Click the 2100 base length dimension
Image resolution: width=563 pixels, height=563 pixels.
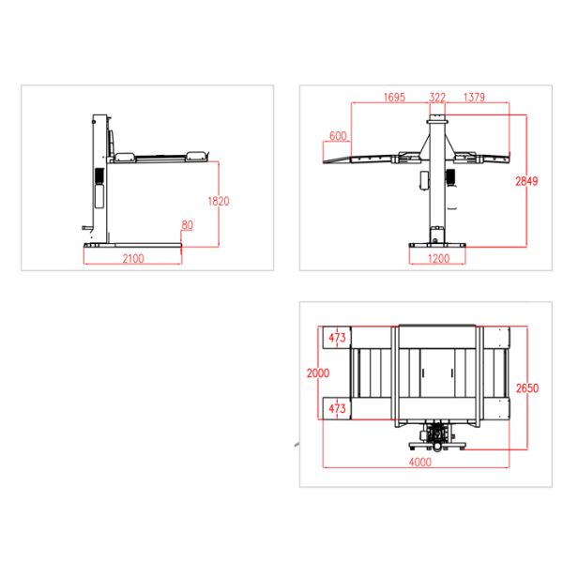pos(133,260)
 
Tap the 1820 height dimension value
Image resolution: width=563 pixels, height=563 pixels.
pos(219,201)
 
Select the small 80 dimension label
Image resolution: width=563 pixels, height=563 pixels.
pos(188,225)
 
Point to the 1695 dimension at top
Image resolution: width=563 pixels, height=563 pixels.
pos(394,97)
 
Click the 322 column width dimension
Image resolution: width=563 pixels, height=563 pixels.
pos(437,97)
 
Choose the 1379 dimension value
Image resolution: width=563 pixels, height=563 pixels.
pos(476,97)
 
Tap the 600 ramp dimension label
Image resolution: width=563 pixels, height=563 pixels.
pos(338,136)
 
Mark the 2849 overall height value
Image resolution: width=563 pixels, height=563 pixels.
pos(526,180)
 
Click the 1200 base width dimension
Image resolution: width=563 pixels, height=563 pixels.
pos(438,259)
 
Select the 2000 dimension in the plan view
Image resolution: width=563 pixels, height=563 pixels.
pos(318,373)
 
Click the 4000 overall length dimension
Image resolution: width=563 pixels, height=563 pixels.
pos(419,462)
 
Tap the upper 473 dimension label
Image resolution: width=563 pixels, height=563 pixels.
pos(338,337)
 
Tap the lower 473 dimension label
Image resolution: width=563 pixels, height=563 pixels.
pos(338,409)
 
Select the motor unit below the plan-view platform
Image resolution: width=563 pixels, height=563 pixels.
pos(436,437)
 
